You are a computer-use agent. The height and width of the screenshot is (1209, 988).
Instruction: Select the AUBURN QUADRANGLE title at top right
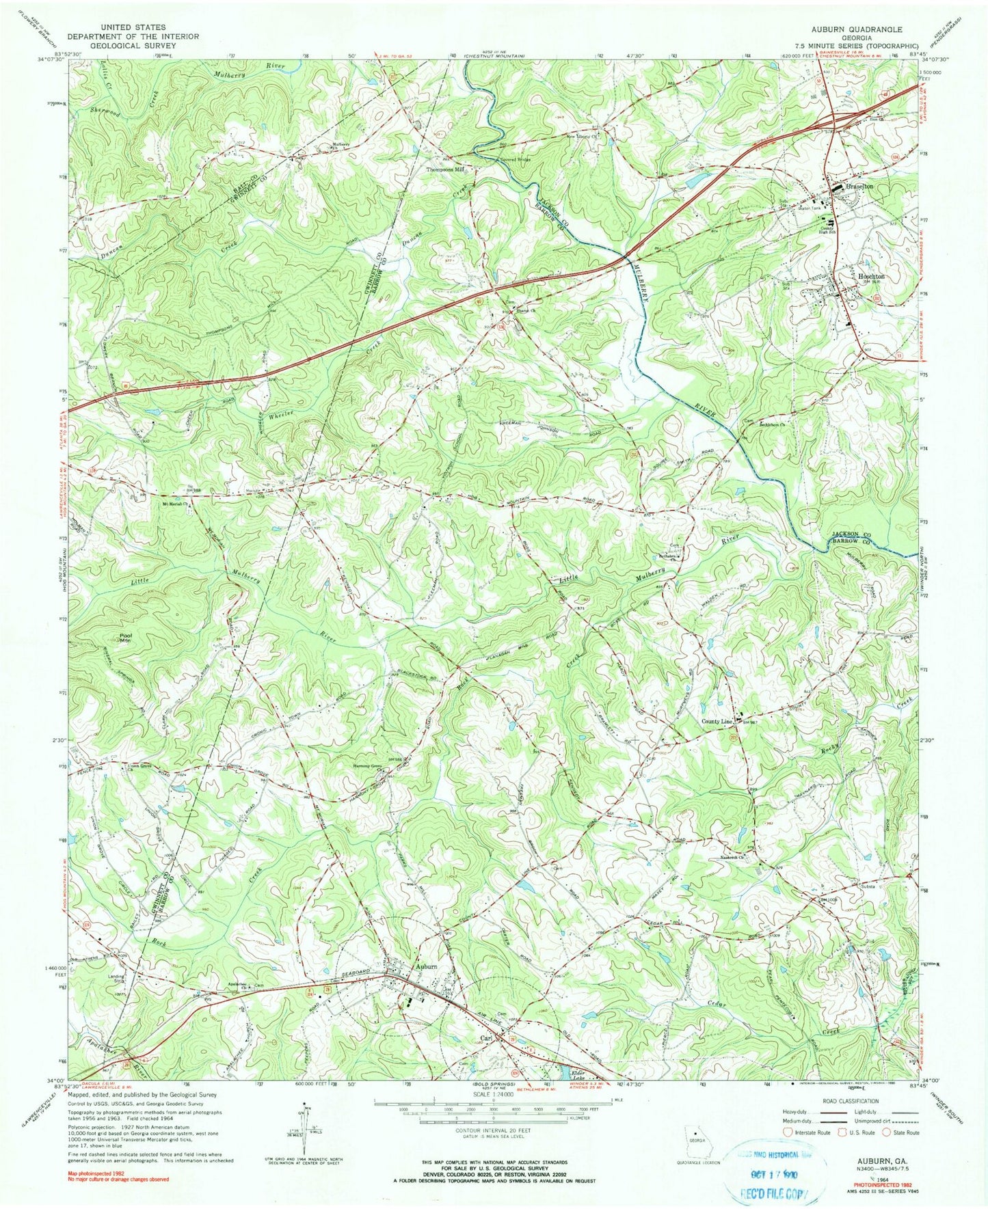[856, 30]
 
